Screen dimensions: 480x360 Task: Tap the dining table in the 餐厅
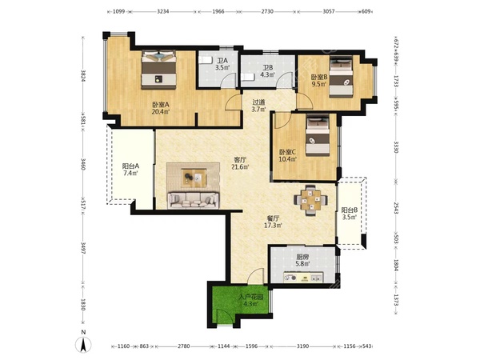[310, 200]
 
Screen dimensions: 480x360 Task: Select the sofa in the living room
[193, 201]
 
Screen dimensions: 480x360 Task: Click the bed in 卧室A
[158, 70]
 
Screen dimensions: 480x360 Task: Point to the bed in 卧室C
[318, 136]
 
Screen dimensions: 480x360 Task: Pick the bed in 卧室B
[341, 78]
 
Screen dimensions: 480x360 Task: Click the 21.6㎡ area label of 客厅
[240, 167]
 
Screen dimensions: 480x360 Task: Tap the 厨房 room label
[302, 258]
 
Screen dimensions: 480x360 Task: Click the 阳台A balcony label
[130, 166]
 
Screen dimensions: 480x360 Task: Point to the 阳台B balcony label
[350, 210]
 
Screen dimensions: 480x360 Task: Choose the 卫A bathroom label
[222, 61]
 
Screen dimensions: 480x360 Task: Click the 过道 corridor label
[258, 102]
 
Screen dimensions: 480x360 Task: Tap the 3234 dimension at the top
[163, 12]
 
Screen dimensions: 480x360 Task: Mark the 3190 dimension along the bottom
[302, 346]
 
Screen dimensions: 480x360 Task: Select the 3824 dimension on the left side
[83, 76]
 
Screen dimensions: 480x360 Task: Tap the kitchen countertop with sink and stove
[302, 278]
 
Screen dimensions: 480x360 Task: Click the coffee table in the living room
[194, 178]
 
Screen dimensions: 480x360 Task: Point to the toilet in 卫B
[246, 77]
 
